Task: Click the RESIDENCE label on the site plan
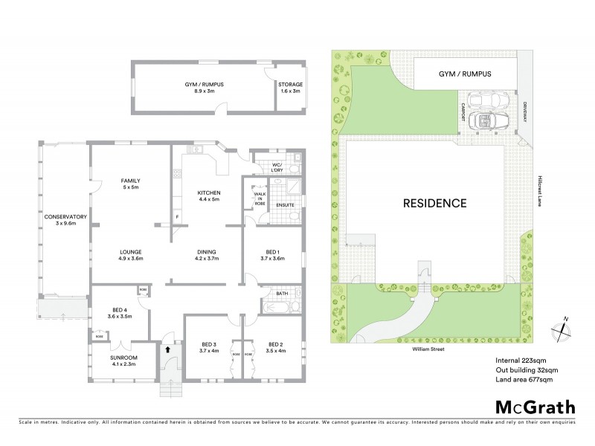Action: point(435,202)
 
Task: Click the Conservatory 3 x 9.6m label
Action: point(65,221)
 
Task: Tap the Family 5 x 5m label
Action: point(131,184)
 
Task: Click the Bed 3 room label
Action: point(209,347)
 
